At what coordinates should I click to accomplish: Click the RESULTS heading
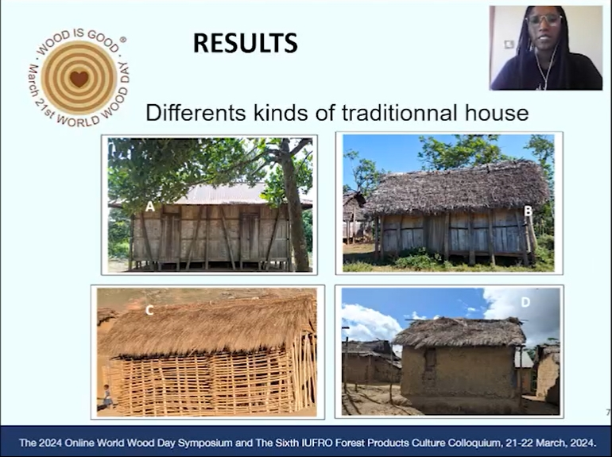point(246,43)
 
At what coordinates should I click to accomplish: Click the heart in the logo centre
point(79,79)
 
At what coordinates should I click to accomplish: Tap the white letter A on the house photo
point(150,207)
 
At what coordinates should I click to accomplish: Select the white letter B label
point(528,211)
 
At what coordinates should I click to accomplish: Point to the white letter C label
point(149,310)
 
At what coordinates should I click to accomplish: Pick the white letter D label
point(525,302)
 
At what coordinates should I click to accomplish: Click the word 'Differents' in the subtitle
point(196,113)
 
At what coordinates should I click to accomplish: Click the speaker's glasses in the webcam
point(545,20)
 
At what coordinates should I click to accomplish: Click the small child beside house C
point(107,396)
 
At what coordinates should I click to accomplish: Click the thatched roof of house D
point(459,332)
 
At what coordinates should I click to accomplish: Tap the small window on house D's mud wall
point(430,358)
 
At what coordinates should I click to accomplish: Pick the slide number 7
point(608,412)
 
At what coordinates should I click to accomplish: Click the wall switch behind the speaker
point(509,44)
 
